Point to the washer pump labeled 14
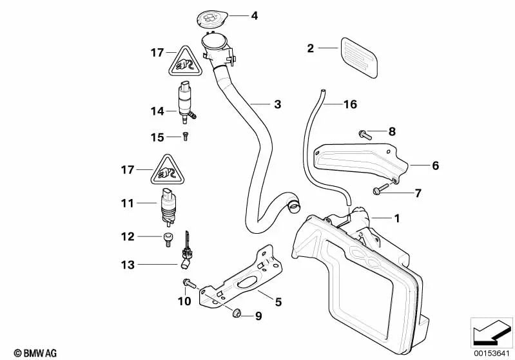point(186,102)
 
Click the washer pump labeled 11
point(168,207)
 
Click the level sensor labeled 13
point(188,252)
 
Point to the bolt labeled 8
point(363,134)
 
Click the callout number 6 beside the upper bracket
point(435,166)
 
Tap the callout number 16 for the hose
point(349,104)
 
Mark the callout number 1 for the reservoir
point(396,218)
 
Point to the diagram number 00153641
point(491,352)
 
